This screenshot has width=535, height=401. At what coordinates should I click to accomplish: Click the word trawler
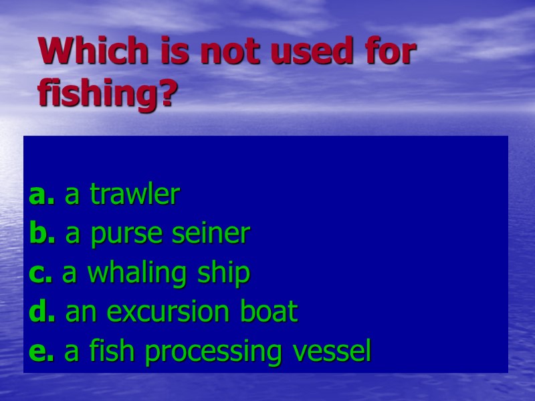(135, 195)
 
